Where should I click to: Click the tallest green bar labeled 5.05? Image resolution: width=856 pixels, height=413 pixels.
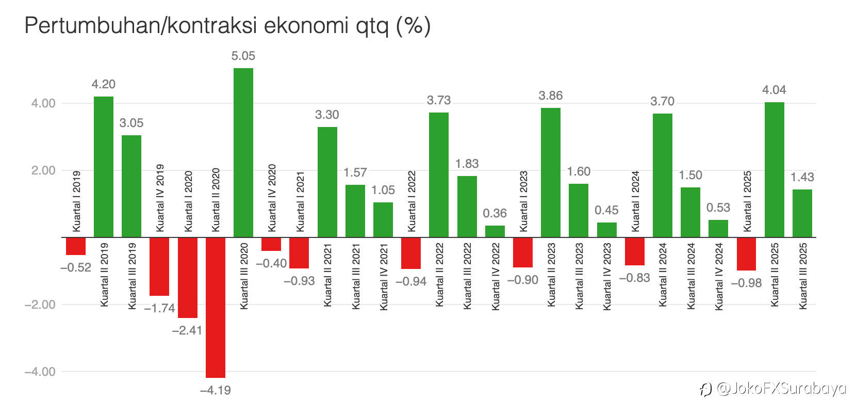coord(243,152)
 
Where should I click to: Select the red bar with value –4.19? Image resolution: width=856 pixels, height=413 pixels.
coord(216,307)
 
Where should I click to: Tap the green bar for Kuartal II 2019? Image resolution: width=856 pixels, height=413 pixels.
coord(104,166)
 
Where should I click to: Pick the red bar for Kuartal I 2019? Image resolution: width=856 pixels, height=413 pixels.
coord(76,246)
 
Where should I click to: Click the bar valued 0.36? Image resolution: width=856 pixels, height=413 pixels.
coord(495,231)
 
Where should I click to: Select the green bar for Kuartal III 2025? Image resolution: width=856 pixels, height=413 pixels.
coord(802,213)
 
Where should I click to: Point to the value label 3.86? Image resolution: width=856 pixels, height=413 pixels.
coord(551,96)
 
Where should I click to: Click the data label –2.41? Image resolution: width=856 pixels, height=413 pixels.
coord(187,330)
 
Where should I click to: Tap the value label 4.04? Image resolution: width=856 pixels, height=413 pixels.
coord(774,90)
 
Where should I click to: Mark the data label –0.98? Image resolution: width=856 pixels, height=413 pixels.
coord(746,283)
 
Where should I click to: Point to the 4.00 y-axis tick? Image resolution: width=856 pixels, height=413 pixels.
coord(43,103)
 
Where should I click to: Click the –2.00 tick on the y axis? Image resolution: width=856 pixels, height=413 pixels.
coord(40,305)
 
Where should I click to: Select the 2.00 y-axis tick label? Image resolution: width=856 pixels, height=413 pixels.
coord(43,170)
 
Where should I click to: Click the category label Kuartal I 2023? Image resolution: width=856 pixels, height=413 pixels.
coord(524,201)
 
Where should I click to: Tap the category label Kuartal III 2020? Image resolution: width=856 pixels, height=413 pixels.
coord(244,276)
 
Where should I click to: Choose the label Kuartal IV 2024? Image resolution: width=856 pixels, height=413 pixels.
coord(719,276)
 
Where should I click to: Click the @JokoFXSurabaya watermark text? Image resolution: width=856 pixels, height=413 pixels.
coord(781,388)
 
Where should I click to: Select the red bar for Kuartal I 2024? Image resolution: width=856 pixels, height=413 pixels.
coord(635,251)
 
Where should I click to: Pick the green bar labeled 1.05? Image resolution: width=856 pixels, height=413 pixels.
coord(383,220)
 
